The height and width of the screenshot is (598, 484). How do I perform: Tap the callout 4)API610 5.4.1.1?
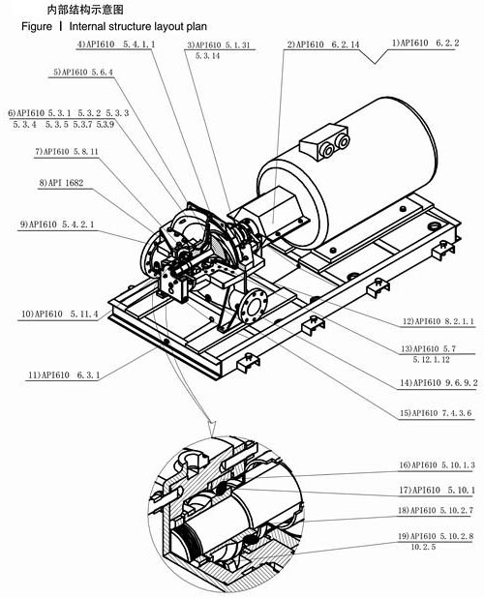point(116,45)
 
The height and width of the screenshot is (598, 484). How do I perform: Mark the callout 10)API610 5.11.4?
point(61,314)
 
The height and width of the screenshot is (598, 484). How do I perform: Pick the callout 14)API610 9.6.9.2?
point(437,383)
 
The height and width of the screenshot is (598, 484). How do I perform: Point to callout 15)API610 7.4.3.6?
point(437,414)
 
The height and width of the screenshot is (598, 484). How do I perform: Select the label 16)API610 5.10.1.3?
point(437,465)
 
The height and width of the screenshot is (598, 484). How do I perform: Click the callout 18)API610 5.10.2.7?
point(437,509)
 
